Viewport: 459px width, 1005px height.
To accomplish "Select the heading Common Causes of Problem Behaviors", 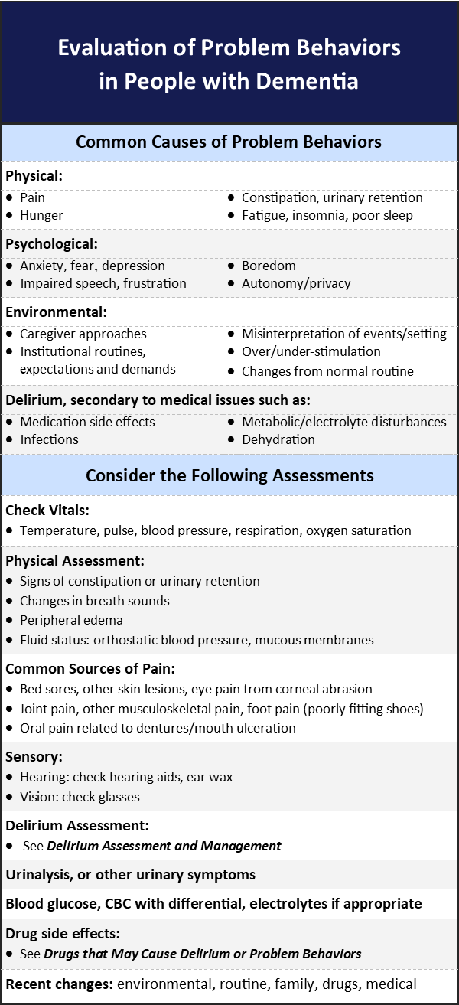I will pyautogui.click(x=229, y=142).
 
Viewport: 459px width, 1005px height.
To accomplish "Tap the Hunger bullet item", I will pyautogui.click(x=41, y=215).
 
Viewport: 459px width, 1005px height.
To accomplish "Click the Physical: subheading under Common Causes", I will pyautogui.click(x=34, y=176).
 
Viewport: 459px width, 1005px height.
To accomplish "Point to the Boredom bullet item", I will pyautogui.click(x=269, y=266).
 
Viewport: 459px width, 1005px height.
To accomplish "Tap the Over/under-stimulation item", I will pyautogui.click(x=311, y=351).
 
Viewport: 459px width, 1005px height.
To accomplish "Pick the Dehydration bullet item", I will pyautogui.click(x=278, y=439).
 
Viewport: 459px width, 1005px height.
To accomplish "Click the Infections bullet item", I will pyautogui.click(x=49, y=439).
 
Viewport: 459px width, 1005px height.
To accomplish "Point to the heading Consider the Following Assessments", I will pyautogui.click(x=229, y=475).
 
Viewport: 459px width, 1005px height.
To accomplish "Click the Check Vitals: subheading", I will pyautogui.click(x=47, y=510).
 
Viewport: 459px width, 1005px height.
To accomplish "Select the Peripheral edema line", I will pyautogui.click(x=71, y=620).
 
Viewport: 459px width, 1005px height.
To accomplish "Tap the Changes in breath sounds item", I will pyautogui.click(x=95, y=601).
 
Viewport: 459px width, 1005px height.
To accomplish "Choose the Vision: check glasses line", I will pyautogui.click(x=79, y=797).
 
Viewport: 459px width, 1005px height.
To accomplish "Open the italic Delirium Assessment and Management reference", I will pyautogui.click(x=164, y=846).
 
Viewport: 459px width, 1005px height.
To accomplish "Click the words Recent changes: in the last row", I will pyautogui.click(x=58, y=984).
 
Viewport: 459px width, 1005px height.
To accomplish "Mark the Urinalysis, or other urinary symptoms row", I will pyautogui.click(x=130, y=874).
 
